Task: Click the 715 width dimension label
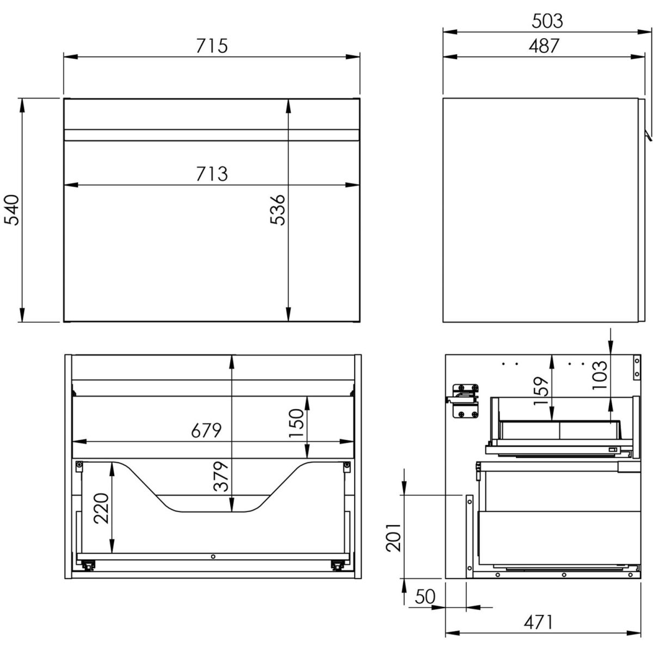212,46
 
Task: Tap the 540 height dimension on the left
12,210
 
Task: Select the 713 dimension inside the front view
212,174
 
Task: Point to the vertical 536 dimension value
278,210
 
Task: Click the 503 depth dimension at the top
547,21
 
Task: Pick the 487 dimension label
544,46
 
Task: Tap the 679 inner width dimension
206,430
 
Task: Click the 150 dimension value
297,423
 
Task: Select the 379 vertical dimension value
221,476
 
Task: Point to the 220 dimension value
101,509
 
